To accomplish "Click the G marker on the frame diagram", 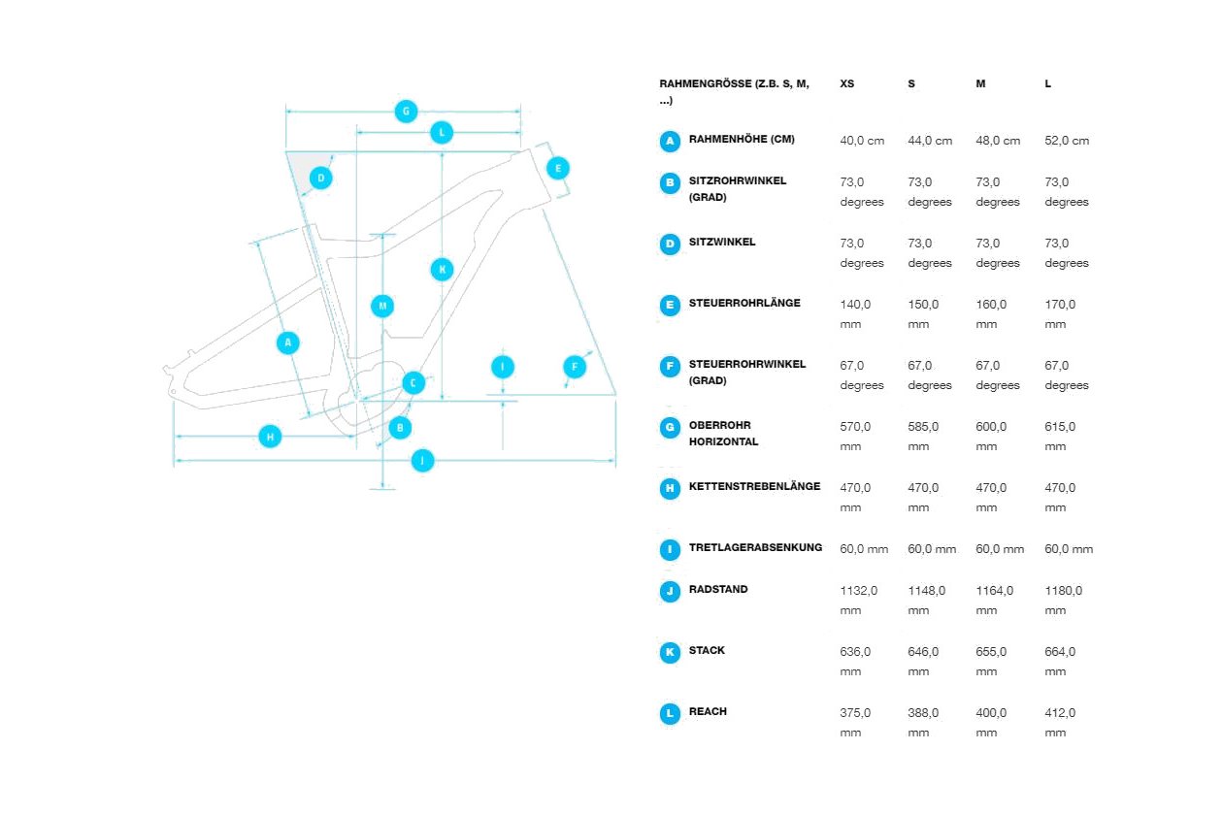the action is point(406,112).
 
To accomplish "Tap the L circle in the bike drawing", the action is point(442,133).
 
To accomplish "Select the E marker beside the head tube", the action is point(558,168).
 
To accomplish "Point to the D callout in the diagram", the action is point(321,178).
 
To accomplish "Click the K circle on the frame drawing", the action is point(443,269).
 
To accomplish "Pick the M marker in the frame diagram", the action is point(382,306).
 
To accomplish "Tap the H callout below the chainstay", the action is point(270,437).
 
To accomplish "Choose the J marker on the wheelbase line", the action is point(422,460).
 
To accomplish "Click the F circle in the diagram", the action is point(575,367).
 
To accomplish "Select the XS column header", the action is point(846,84).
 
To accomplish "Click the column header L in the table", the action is point(1047,84).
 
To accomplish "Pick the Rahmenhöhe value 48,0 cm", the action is point(998,141).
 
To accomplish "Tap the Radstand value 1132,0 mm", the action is point(858,601).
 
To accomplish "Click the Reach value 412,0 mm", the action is point(1060,723).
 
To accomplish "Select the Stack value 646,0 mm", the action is point(923,662).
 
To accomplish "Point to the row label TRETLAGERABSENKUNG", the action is point(755,547).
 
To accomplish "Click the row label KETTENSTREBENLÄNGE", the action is point(754,486).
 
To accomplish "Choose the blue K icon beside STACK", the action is point(670,652).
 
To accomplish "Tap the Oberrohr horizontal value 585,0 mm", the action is point(923,437).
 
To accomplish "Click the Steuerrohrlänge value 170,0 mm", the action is point(1060,314).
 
